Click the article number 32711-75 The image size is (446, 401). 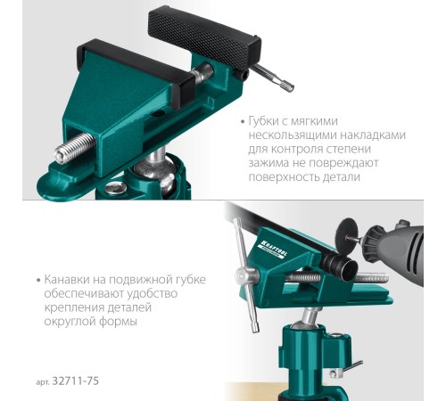point(75,381)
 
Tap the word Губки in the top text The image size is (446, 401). point(263,121)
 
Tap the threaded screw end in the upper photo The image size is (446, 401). point(74,148)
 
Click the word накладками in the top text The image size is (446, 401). point(373,135)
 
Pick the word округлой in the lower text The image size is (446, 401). point(69,322)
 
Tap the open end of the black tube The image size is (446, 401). point(349,270)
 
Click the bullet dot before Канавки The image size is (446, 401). point(38,281)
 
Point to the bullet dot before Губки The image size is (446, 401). point(243,122)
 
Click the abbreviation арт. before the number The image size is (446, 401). point(43,382)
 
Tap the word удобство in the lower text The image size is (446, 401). point(153,294)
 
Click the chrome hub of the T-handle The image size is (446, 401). point(246,274)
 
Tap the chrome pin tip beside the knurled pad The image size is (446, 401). point(288,86)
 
